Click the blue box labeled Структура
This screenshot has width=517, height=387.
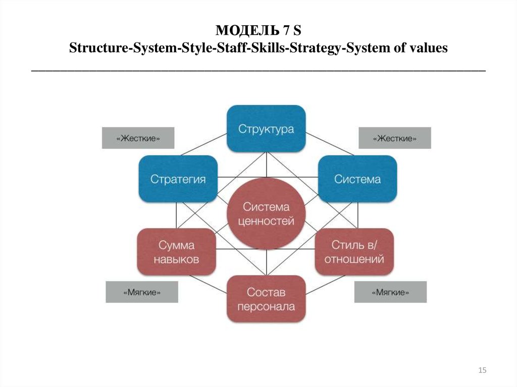pyautogui.click(x=267, y=129)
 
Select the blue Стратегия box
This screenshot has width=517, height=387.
pyautogui.click(x=178, y=179)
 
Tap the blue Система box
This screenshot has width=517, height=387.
pyautogui.click(x=357, y=179)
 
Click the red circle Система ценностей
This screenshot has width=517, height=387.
pyautogui.click(x=267, y=213)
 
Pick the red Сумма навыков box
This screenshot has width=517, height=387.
pyautogui.click(x=176, y=252)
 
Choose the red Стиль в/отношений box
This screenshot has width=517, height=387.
pyautogui.click(x=354, y=252)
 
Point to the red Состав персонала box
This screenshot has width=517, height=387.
pyautogui.click(x=267, y=299)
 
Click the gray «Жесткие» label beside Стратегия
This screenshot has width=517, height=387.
pyautogui.click(x=138, y=138)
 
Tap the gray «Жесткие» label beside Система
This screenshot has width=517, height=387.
pyautogui.click(x=395, y=138)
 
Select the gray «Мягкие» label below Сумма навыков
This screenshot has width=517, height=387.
pyautogui.click(x=142, y=292)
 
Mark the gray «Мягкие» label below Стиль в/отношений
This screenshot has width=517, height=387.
pyautogui.click(x=390, y=292)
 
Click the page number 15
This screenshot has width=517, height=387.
pyautogui.click(x=482, y=370)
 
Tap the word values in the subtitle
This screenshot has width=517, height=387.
pyautogui.click(x=428, y=48)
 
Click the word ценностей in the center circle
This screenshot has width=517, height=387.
pyautogui.click(x=266, y=221)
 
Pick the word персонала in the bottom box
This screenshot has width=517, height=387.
pyautogui.click(x=266, y=307)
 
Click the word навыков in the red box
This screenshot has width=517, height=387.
pyautogui.click(x=176, y=259)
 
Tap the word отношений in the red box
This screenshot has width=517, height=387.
pyautogui.click(x=354, y=259)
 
